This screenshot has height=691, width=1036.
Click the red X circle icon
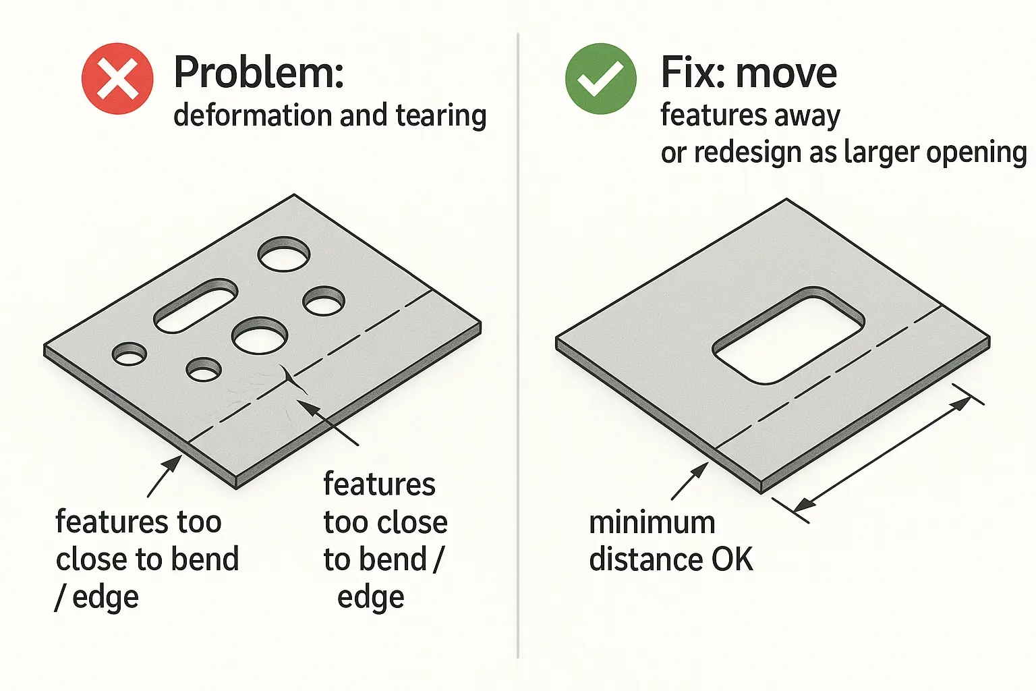point(117,78)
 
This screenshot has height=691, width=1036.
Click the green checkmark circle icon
point(600,78)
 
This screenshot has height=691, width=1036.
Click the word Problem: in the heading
point(259,72)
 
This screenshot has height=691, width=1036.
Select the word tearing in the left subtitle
point(441,115)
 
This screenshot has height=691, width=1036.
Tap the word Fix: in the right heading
point(691,72)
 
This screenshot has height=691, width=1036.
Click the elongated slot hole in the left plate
point(196,306)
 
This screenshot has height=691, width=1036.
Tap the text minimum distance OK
point(670,541)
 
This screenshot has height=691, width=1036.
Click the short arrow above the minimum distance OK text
point(689,481)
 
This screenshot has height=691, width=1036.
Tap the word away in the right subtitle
point(807,115)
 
